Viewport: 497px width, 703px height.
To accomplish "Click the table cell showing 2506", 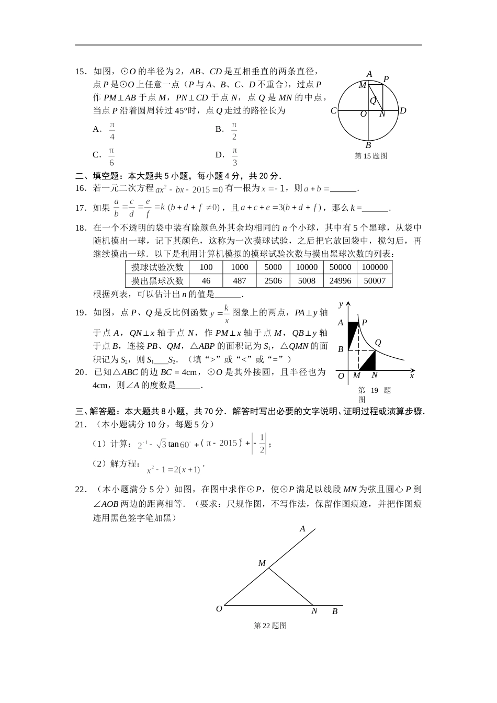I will (273, 280).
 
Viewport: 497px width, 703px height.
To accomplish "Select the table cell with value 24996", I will (341, 280).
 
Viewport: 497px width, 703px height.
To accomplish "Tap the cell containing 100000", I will (375, 267).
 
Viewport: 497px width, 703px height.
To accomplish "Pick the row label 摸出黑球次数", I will (157, 280).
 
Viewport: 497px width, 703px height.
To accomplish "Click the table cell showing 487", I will (240, 280).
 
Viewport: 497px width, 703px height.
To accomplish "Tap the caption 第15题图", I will (371, 156).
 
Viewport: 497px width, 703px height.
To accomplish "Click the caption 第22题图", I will (270, 626).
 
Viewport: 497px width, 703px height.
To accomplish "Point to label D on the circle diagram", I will (403, 111).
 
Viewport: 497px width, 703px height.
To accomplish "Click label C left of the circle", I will (333, 111).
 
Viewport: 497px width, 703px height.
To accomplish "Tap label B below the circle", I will (368, 145).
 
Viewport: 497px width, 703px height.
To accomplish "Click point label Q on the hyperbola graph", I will (378, 343).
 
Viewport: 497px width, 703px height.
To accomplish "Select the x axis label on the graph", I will (412, 376).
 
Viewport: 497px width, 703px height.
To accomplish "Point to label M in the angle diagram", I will (262, 563).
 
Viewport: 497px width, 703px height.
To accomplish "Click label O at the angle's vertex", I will (219, 609).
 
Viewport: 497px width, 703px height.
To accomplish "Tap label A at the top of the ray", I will (302, 529).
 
